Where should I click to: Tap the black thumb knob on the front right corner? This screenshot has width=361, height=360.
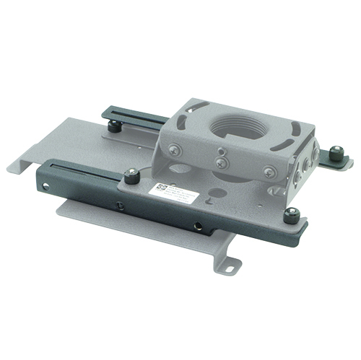(290, 215)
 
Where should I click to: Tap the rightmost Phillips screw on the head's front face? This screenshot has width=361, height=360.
(269, 172)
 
